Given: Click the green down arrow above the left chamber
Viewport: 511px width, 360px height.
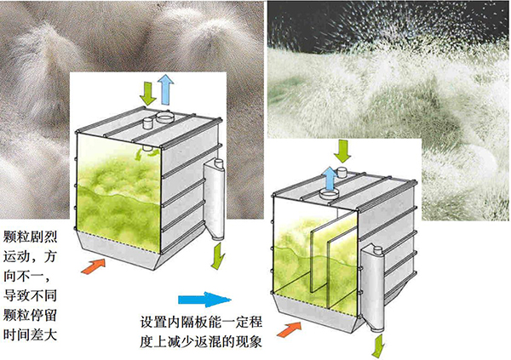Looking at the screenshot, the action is tap(147, 93).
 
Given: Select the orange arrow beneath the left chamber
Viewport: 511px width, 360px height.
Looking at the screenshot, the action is tap(94, 266).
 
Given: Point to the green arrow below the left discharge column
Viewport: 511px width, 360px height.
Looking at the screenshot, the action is tap(217, 256).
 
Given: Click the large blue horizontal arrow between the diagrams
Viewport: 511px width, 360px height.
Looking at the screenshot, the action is tap(204, 300).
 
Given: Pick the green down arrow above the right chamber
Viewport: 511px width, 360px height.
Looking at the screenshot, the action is tap(342, 151).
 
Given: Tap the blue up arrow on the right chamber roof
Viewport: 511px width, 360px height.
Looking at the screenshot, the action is tap(330, 179).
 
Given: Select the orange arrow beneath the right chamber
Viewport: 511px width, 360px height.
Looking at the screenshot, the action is tap(289, 329).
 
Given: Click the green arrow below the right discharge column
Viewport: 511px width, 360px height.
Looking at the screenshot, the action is tap(378, 346).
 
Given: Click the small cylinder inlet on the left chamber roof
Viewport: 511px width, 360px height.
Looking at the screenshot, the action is tap(148, 123).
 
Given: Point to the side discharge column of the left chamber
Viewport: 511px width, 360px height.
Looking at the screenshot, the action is tap(215, 199).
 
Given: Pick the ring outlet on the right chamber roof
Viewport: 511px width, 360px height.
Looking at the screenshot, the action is tap(329, 195).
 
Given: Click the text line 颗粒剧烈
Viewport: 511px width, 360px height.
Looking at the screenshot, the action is tap(31, 237).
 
